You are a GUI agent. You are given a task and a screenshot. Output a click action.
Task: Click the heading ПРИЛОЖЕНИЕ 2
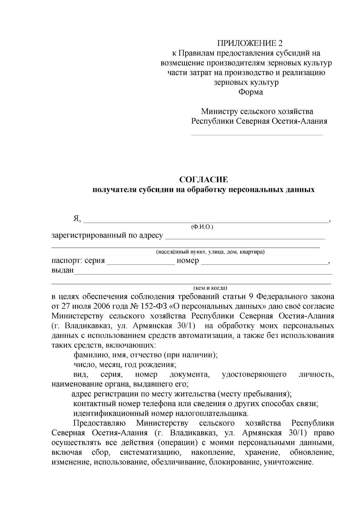[x=250, y=43]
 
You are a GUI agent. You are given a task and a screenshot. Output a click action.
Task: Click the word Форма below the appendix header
[x=250, y=92]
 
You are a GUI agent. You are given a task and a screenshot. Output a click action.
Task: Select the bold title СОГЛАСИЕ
[x=203, y=180]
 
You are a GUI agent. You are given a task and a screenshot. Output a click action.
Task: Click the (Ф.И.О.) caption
[x=202, y=227]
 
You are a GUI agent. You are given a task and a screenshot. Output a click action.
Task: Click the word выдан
[x=62, y=270]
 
